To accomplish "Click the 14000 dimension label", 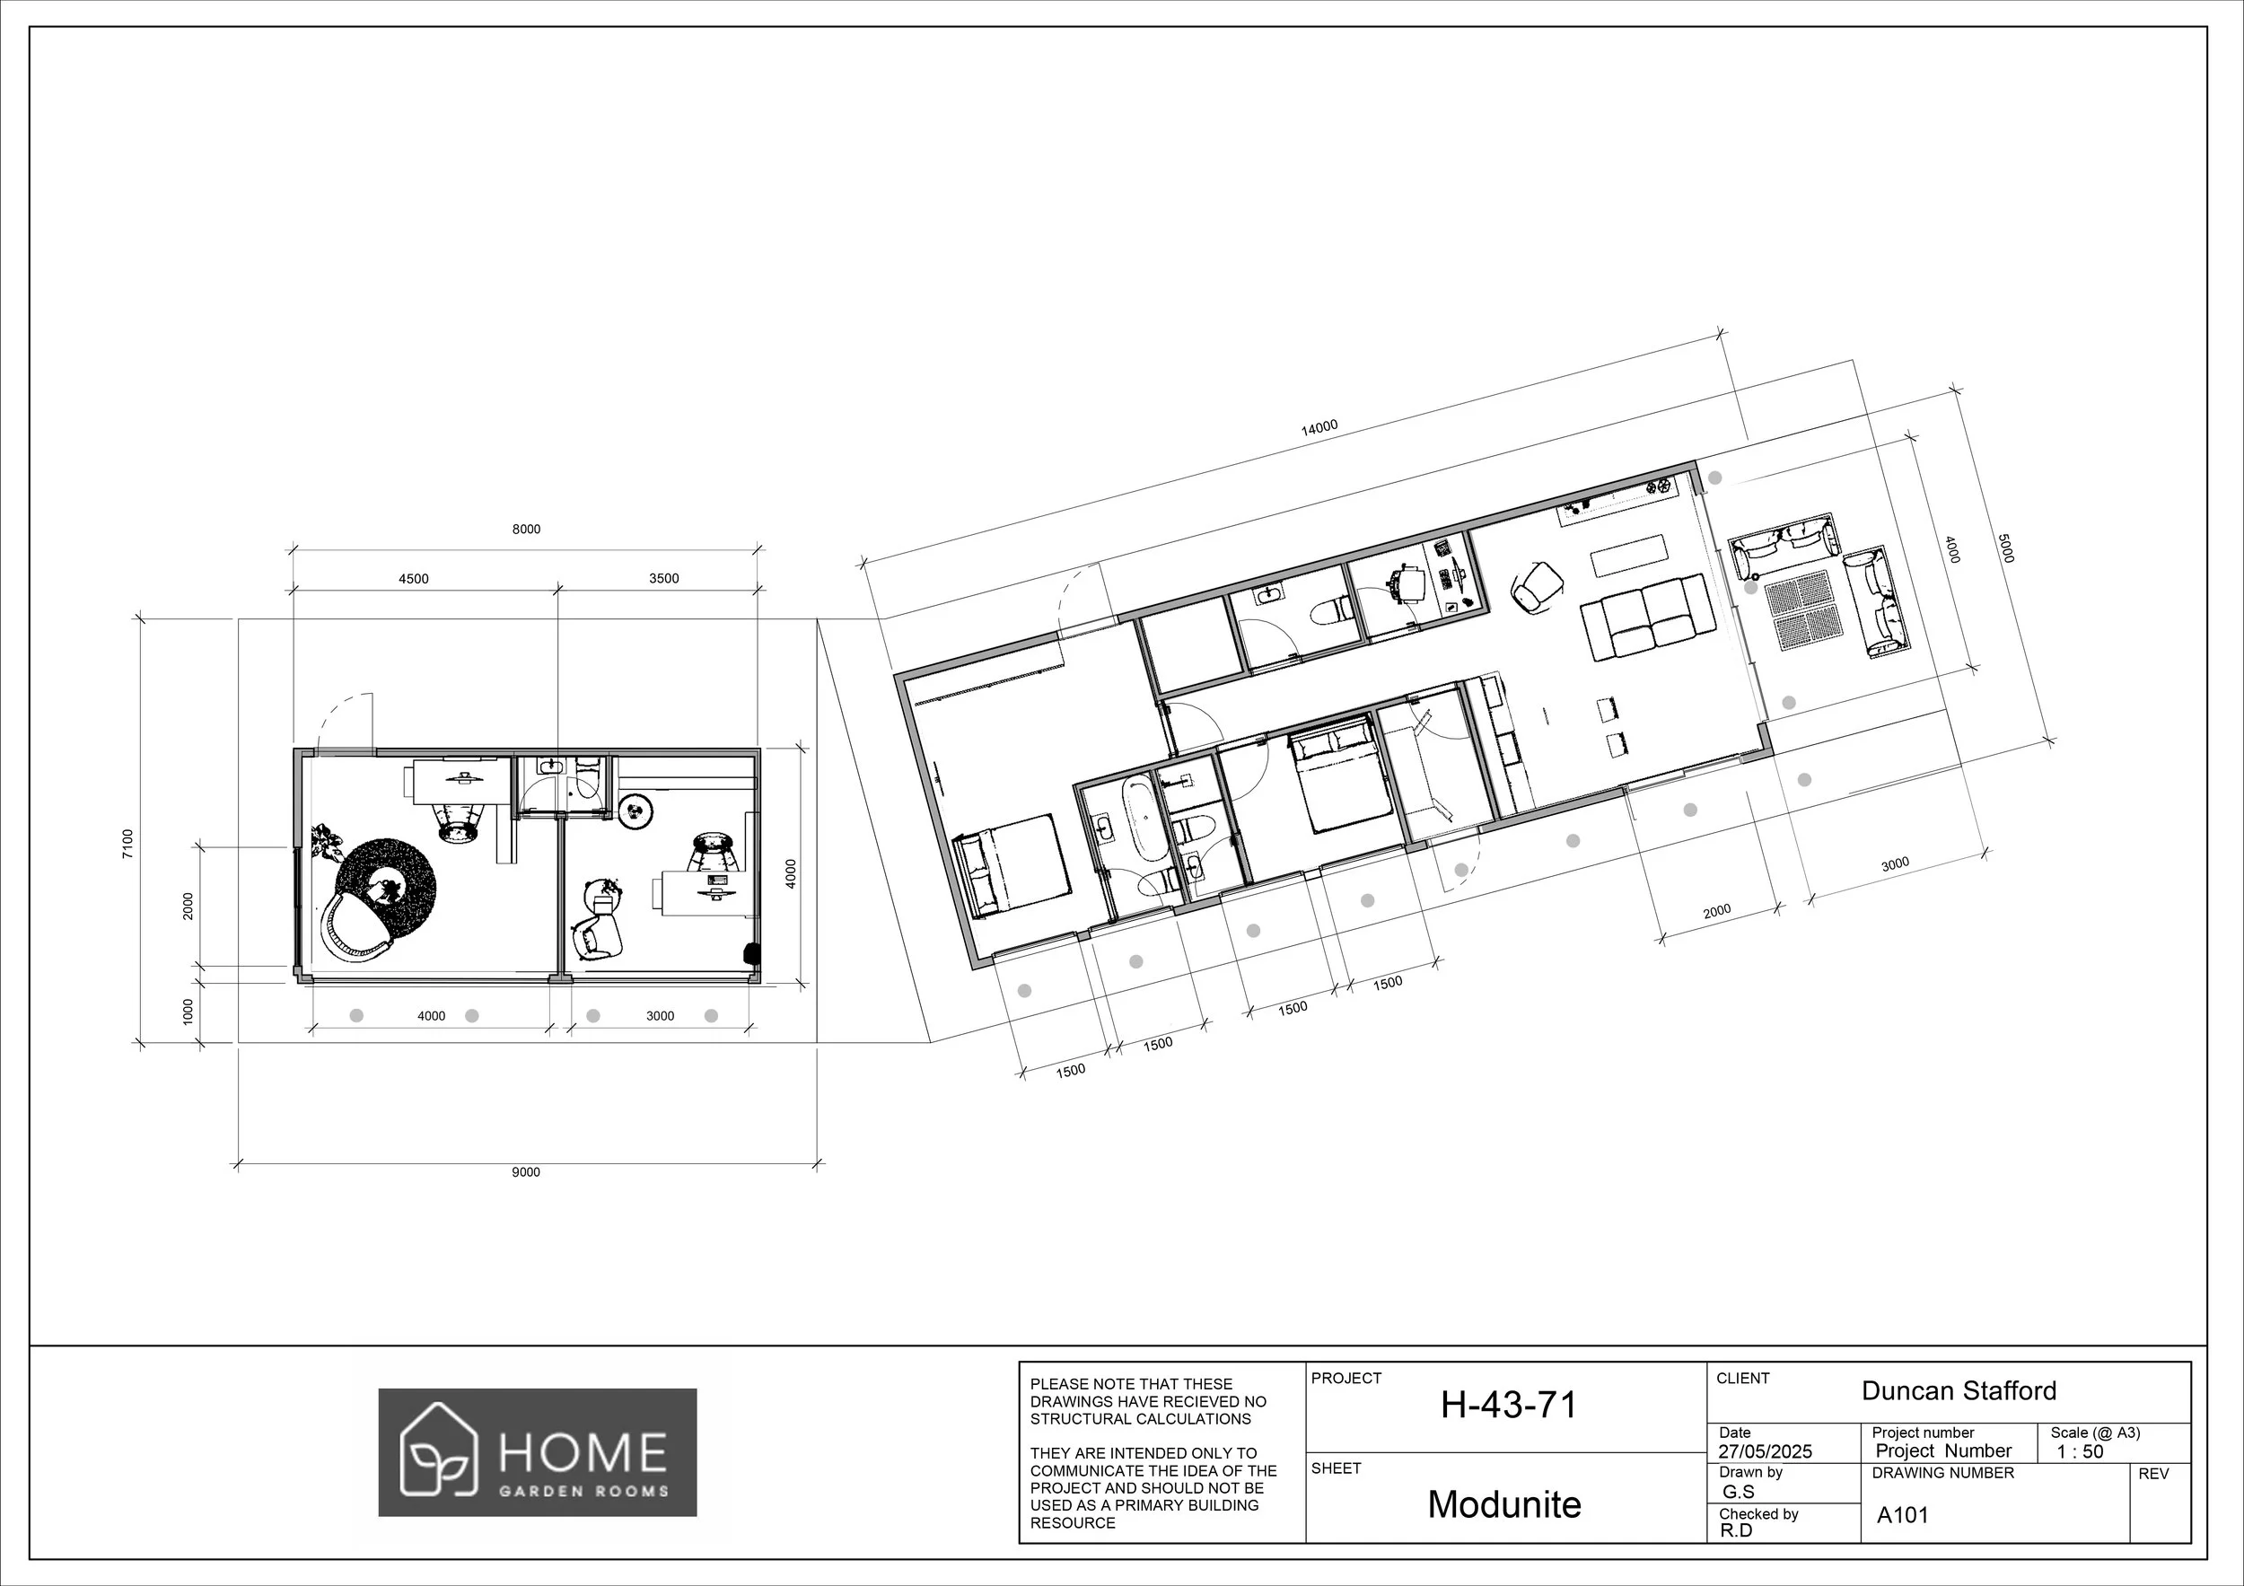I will point(1319,427).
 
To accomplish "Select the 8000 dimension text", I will point(526,530).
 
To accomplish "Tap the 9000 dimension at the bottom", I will point(526,1172).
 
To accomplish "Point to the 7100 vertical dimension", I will point(127,845).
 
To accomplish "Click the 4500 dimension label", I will point(414,579).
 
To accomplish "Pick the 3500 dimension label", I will point(663,579).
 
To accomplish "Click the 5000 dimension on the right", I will point(2004,548).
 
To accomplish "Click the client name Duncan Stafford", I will point(1959,1390).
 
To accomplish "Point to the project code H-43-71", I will point(1508,1406).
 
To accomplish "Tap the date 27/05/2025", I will point(1765,1451).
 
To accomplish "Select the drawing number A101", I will point(1902,1516).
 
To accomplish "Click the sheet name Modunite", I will point(1504,1504).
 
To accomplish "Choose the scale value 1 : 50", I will point(2080,1451).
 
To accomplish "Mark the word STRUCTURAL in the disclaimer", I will point(1076,1419).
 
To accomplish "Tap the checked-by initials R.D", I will point(1736,1530).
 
